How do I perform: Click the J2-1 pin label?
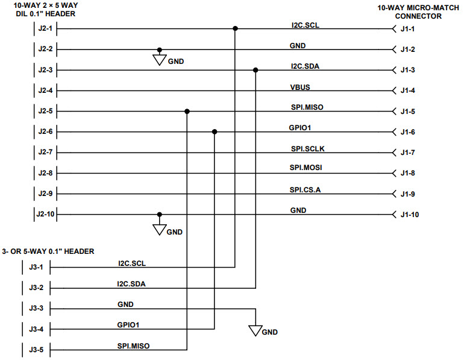45,28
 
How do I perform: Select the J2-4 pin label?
45,91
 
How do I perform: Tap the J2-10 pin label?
46,215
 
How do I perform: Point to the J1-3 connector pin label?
408,70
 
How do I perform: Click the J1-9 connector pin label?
408,194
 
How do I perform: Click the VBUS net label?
299,87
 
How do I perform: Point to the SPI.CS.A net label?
305,190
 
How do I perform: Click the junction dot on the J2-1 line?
235,28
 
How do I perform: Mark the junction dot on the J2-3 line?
256,70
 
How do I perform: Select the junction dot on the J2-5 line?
187,112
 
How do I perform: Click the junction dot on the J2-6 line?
215,132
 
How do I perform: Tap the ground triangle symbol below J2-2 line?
159,60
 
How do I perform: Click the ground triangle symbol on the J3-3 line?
256,330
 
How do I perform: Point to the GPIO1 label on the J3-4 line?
128,324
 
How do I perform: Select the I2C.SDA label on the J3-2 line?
131,283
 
